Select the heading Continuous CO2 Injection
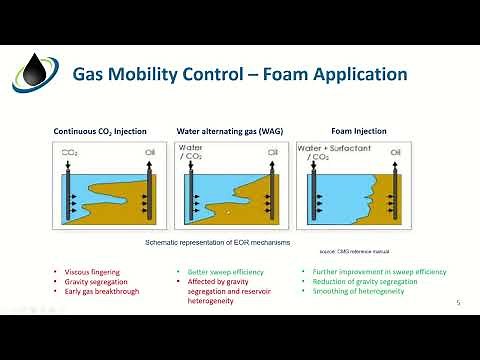click(x=106, y=131)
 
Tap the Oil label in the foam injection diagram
click(x=404, y=154)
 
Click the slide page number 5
click(x=457, y=303)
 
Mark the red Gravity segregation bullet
click(x=90, y=281)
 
